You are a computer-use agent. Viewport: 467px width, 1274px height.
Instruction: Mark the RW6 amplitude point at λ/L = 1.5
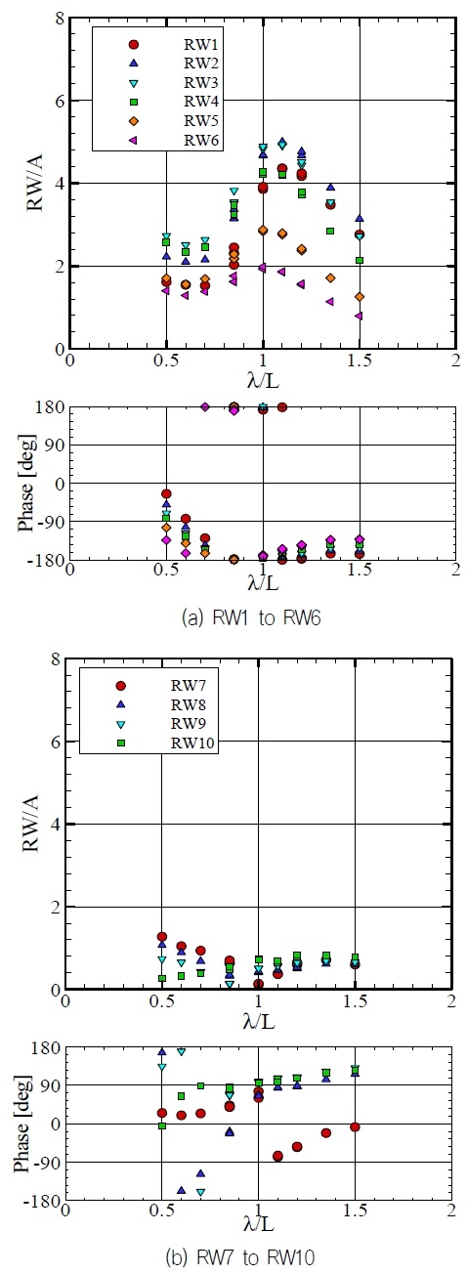pos(360,316)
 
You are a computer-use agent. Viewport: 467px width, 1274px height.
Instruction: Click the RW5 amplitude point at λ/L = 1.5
pos(360,296)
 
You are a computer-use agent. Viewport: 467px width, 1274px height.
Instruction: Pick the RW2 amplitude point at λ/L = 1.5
pos(360,219)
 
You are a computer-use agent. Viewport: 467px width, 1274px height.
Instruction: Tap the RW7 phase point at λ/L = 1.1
pos(277,1156)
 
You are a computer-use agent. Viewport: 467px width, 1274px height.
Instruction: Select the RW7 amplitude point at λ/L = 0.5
pos(161,937)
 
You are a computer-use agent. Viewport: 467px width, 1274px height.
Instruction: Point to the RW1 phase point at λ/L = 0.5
pos(166,494)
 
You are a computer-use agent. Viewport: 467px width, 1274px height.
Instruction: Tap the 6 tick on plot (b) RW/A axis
pos(57,743)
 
